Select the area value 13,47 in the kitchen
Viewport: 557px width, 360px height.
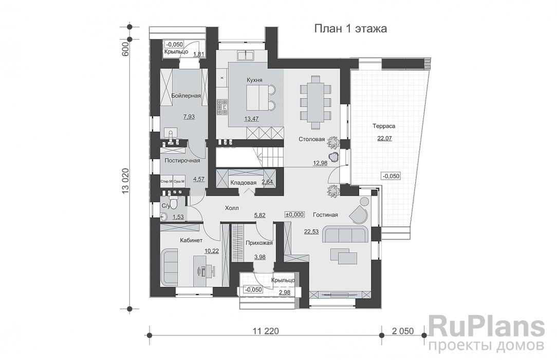pyautogui.click(x=252, y=119)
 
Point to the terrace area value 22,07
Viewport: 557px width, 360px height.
pyautogui.click(x=383, y=138)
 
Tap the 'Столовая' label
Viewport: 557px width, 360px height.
pyautogui.click(x=311, y=139)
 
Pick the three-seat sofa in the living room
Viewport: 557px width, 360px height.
pyautogui.click(x=346, y=234)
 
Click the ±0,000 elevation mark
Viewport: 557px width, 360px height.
pyautogui.click(x=295, y=214)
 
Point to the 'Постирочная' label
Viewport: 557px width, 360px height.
pyautogui.click(x=182, y=161)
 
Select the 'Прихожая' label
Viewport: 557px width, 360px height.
pyautogui.click(x=259, y=243)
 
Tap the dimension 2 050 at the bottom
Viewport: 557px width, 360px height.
pyautogui.click(x=403, y=331)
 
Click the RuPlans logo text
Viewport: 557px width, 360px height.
pyautogui.click(x=486, y=328)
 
